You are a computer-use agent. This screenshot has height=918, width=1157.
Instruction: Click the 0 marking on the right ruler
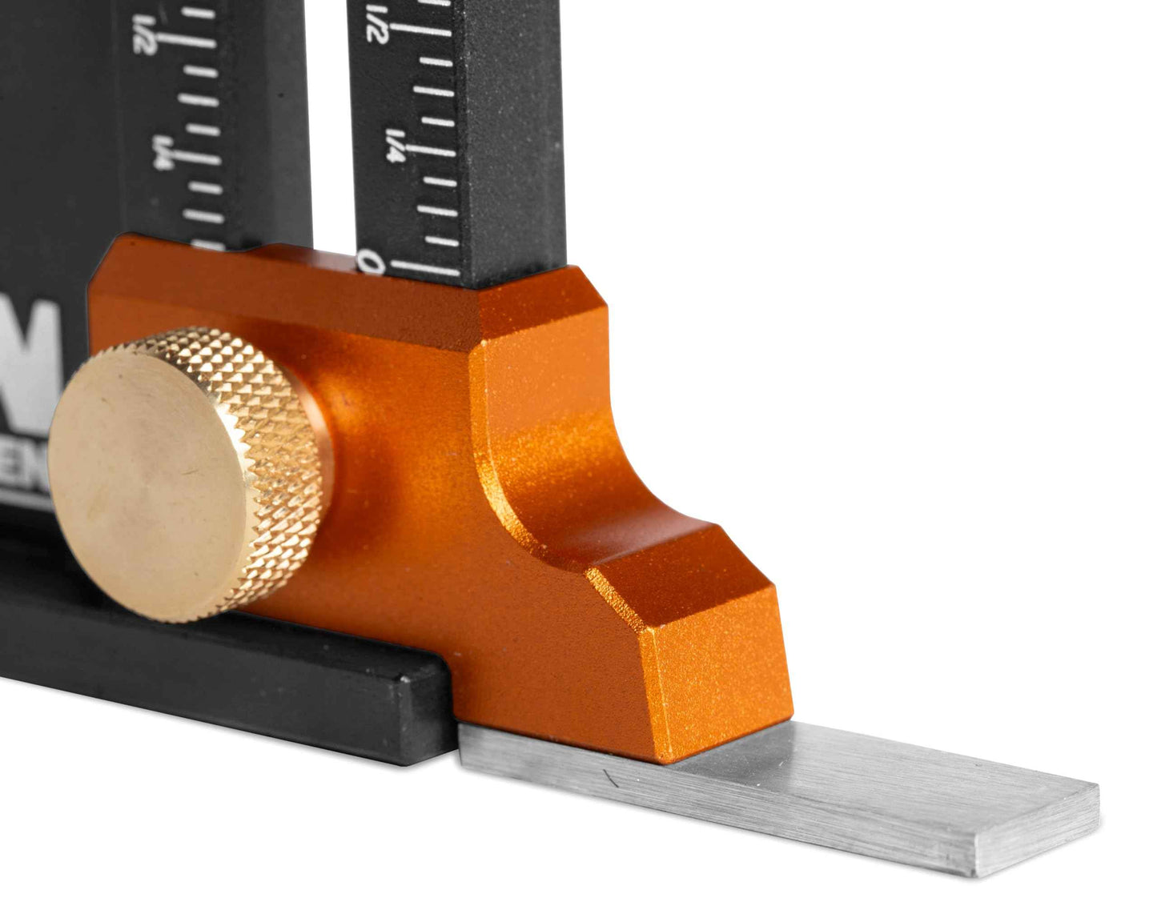tap(370, 262)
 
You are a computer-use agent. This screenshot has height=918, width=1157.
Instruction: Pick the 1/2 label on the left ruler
tap(144, 36)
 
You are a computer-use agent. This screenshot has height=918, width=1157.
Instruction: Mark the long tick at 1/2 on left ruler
tap(188, 38)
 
